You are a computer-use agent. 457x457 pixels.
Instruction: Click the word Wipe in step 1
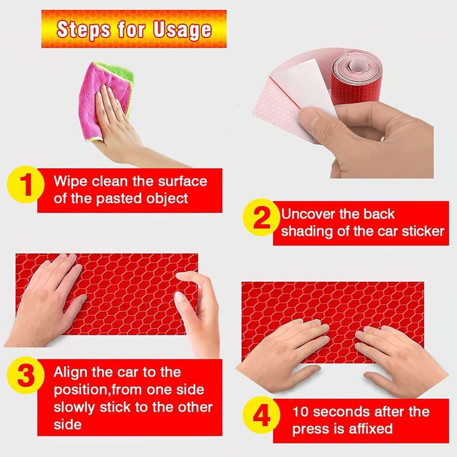71,181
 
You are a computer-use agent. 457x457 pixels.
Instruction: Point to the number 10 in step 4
301,412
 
